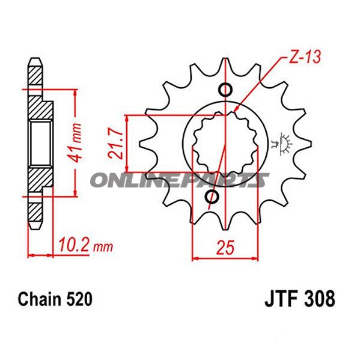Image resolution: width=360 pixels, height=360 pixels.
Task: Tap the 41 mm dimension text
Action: click(x=75, y=143)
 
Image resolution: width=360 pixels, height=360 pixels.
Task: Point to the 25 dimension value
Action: click(x=226, y=248)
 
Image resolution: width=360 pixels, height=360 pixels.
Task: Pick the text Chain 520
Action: click(x=55, y=299)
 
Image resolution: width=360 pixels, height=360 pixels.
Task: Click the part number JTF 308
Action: click(x=300, y=299)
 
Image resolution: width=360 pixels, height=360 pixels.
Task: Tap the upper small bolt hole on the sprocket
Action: click(x=225, y=90)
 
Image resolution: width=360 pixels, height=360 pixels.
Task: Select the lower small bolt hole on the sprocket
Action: click(x=212, y=197)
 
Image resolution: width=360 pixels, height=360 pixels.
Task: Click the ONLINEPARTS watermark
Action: click(x=180, y=180)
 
